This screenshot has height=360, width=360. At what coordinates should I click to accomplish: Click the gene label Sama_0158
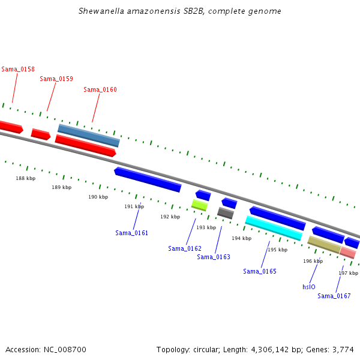tap(18, 69)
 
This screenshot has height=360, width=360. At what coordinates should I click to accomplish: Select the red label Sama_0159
tap(56, 79)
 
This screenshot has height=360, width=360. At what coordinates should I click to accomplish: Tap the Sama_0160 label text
tap(100, 89)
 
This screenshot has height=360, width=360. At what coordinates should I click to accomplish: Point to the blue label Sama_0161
tap(132, 233)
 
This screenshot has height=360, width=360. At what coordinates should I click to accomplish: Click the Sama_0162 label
tap(185, 248)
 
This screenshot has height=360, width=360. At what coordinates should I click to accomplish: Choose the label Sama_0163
tap(214, 257)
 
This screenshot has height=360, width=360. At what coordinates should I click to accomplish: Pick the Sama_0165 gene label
tap(260, 271)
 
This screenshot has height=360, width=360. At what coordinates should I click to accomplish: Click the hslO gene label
tap(309, 287)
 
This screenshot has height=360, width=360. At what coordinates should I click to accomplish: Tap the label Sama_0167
tap(334, 296)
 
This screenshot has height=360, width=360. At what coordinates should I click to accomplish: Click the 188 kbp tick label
tap(25, 178)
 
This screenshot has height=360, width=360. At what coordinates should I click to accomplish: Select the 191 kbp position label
tap(134, 206)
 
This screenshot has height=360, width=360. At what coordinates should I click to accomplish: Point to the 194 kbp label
tap(241, 238)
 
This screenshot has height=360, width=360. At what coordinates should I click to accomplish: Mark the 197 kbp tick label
tap(348, 273)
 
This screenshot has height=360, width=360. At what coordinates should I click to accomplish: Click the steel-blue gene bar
tap(89, 136)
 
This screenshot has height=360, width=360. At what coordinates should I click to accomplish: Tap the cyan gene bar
tap(274, 227)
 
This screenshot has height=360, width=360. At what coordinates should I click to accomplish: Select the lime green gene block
tap(200, 205)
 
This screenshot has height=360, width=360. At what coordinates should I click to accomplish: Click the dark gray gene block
tap(226, 213)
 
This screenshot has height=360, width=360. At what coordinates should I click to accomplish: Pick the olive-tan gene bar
tap(324, 244)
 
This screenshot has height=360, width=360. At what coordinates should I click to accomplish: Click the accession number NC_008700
tap(62, 349)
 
